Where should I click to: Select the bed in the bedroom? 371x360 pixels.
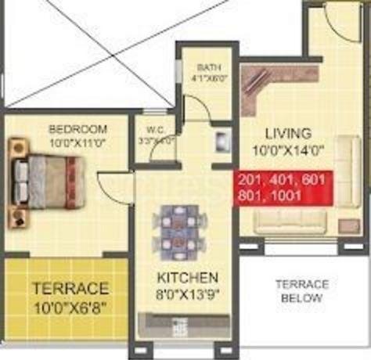(x=45, y=180)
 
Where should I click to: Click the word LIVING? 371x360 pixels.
(x=288, y=133)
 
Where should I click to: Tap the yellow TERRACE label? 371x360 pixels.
(x=70, y=288)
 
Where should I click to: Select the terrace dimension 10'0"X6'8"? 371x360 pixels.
(x=70, y=305)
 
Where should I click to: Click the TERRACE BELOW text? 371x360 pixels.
(x=304, y=290)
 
